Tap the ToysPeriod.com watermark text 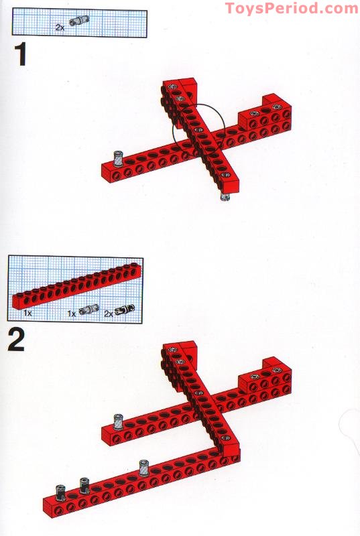tap(291, 8)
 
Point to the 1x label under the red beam tap(28, 313)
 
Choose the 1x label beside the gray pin tap(72, 313)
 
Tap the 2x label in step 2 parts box tap(107, 313)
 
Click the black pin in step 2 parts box tap(125, 310)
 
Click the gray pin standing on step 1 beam tap(117, 159)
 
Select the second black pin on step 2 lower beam tap(85, 486)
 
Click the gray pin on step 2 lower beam tap(143, 468)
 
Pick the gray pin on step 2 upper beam tap(118, 421)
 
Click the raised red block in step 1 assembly tap(271, 111)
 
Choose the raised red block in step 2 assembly tap(271, 376)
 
